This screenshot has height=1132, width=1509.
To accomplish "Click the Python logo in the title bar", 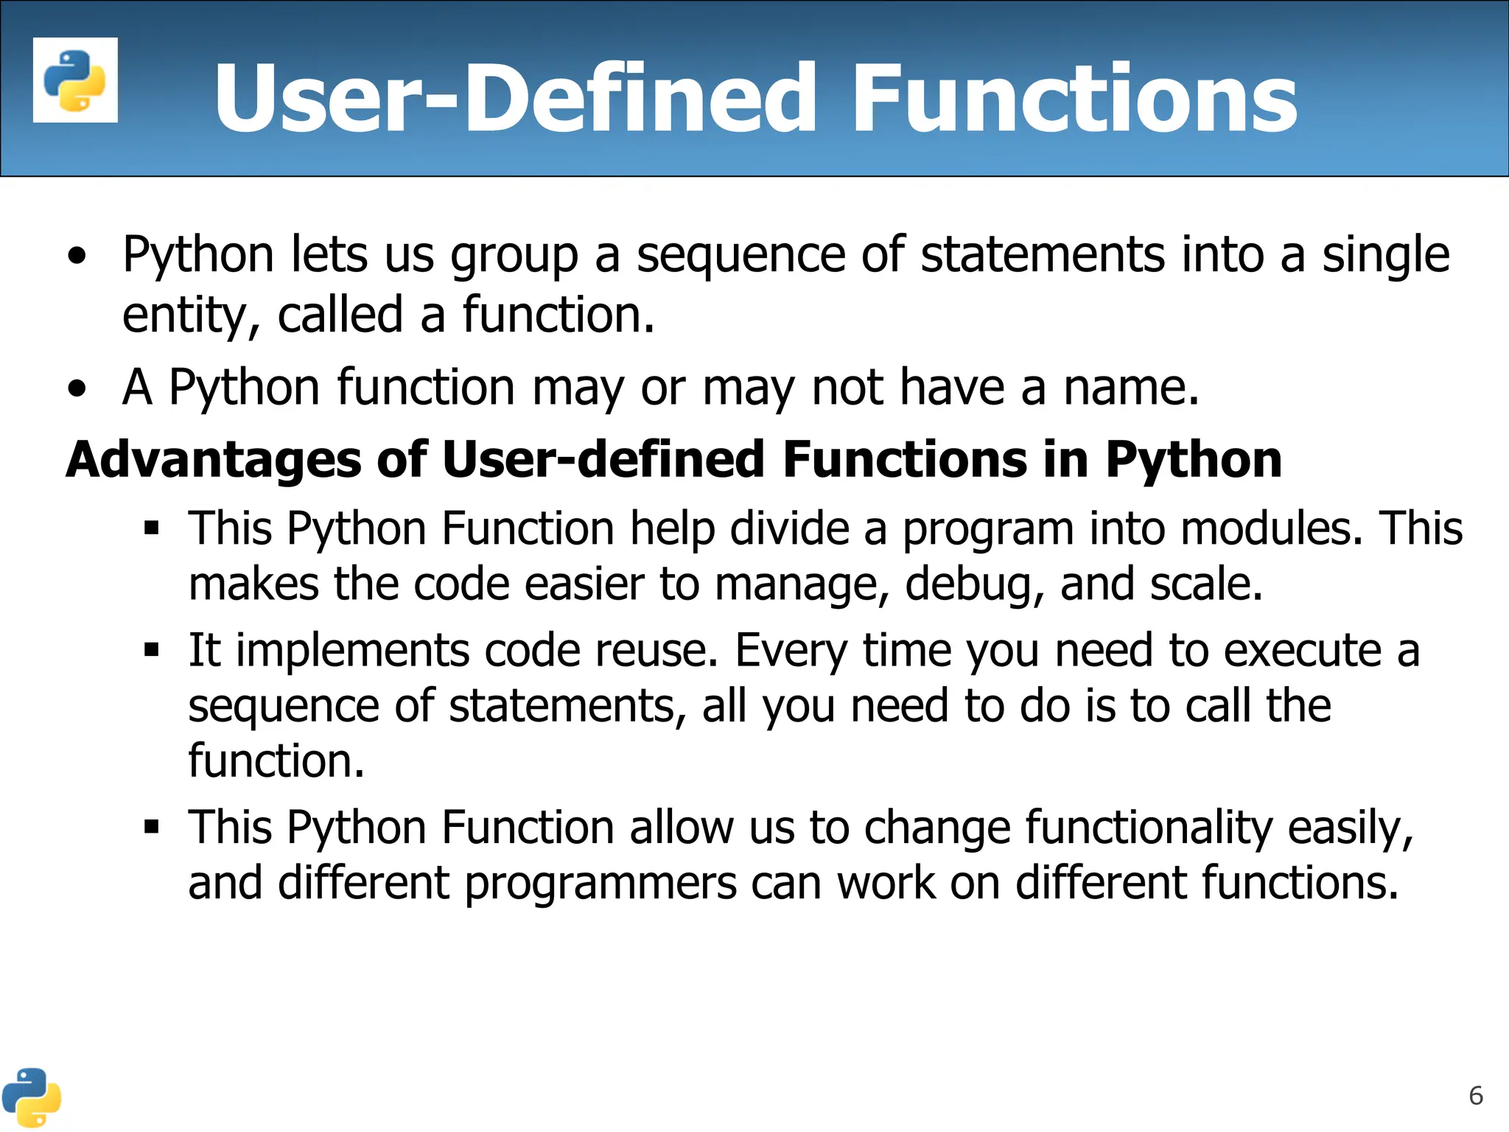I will pos(75,80).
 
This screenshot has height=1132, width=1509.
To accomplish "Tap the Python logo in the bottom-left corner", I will pos(31,1097).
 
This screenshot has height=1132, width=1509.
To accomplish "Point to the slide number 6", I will pos(1475,1096).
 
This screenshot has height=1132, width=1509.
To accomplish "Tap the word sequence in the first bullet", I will pos(741,255).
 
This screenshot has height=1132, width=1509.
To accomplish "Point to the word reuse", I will pos(656,651).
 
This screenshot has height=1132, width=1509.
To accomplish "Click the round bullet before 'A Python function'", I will pos(77,388).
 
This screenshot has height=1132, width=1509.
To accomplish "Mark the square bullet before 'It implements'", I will pos(152,650).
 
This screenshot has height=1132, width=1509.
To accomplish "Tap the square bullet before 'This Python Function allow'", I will pos(152,827).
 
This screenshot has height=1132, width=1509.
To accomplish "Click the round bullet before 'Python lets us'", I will pos(77,256).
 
